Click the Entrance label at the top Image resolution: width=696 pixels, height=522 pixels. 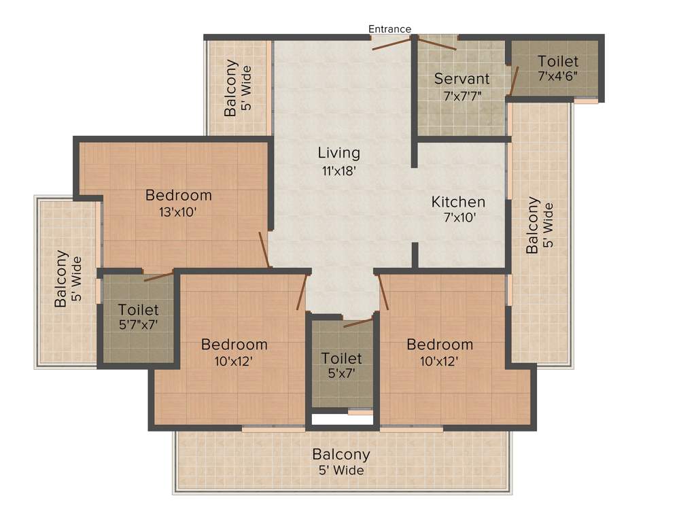pos(389,29)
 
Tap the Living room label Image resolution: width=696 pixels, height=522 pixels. pos(339,152)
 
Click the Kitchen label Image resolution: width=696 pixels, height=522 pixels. pos(458,202)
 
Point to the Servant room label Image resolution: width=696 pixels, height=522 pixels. pos(462,78)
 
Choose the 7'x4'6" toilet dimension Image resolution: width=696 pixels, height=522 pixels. pos(557,75)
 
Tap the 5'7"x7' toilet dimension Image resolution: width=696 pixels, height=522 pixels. pos(138,325)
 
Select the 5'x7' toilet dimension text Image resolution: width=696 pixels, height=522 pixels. pos(341,372)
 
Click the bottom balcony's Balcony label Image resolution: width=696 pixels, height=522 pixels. pos(341,454)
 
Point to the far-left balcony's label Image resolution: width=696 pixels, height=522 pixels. pos(61,279)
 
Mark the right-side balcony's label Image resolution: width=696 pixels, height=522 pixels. pos(533,225)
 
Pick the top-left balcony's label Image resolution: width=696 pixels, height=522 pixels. pos(232,88)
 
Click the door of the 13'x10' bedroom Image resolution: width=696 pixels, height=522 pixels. pos(264,249)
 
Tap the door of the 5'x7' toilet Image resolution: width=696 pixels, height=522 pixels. pos(358,321)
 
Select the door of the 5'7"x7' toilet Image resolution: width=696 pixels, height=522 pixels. pos(158,276)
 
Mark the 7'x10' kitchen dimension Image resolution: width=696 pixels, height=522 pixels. pos(458,218)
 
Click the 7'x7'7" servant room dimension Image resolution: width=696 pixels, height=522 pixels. pos(462,95)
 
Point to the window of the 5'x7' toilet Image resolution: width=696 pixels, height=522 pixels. pos(360,411)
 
